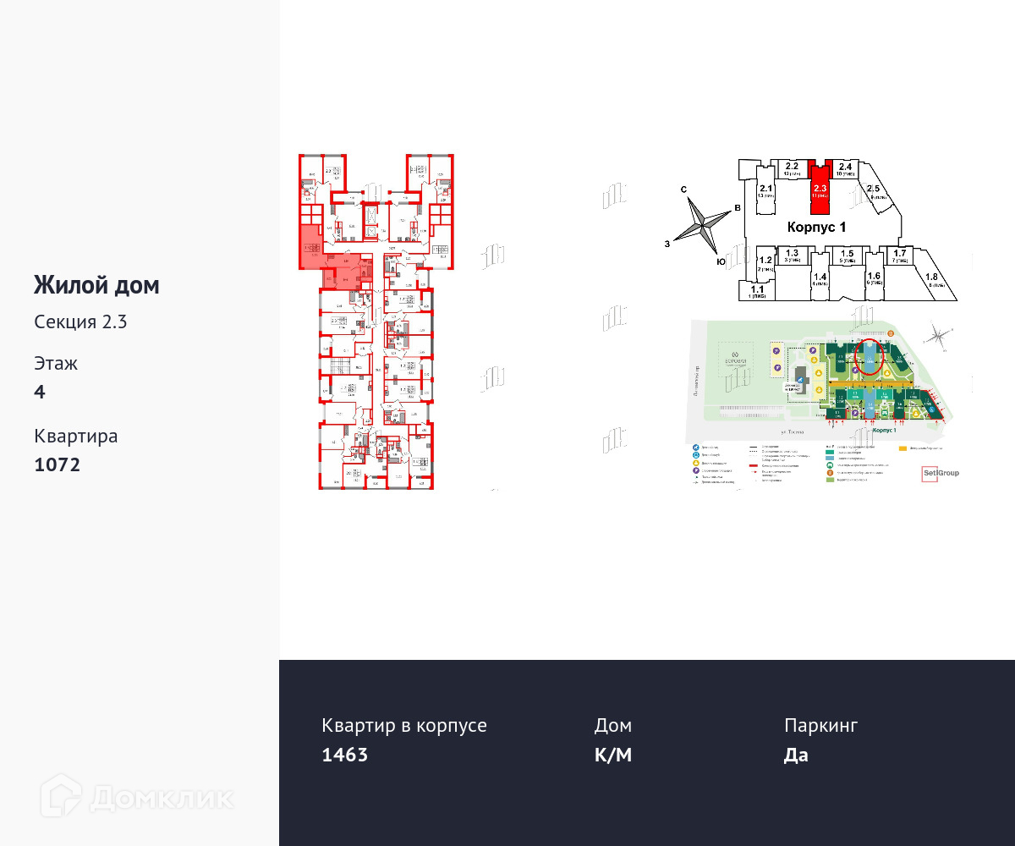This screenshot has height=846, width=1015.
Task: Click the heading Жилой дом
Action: (96, 286)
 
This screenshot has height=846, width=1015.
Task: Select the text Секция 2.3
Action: (80, 321)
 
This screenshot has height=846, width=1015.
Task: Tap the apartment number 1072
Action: (58, 464)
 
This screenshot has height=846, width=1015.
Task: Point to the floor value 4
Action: (40, 392)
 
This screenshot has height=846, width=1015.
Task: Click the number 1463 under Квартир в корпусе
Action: (345, 755)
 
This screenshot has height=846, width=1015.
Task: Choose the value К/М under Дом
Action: (613, 755)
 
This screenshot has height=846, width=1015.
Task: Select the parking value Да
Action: (796, 755)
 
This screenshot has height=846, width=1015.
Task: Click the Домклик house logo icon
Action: (61, 796)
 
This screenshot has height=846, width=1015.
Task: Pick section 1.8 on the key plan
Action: (932, 281)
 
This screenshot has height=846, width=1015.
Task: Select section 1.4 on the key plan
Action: (819, 279)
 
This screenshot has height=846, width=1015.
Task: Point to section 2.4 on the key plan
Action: (845, 169)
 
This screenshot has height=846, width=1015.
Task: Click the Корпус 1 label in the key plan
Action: (816, 228)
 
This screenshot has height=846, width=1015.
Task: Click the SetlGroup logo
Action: (940, 473)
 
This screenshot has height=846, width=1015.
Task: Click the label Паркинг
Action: (820, 726)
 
